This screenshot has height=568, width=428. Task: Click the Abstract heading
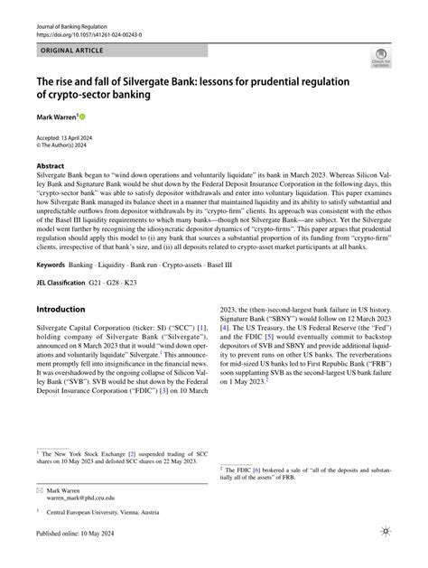pyautogui.click(x=51, y=167)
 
